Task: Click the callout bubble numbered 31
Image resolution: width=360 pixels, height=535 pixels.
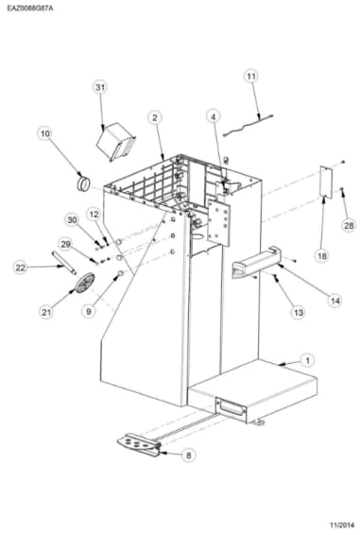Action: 100,87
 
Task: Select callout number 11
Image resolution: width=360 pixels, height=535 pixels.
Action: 251,76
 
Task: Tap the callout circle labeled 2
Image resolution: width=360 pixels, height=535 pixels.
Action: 155,118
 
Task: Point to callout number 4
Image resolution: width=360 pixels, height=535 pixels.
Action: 214,117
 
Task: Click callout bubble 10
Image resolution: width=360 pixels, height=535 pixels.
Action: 45,133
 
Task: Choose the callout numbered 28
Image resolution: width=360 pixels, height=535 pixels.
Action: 349,225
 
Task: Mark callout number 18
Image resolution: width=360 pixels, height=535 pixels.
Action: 322,255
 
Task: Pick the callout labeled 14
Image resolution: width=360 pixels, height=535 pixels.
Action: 335,301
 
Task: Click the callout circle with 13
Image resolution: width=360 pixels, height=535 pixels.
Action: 299,312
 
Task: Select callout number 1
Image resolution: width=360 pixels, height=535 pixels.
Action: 308,360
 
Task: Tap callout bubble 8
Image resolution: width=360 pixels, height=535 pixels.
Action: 188,455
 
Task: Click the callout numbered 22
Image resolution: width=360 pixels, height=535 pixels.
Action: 21,267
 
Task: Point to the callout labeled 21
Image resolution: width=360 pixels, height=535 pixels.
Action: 46,312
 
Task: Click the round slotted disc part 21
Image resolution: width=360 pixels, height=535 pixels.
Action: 85,283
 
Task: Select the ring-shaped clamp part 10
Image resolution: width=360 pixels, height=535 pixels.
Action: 83,184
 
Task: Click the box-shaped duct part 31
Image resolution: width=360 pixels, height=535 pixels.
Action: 116,142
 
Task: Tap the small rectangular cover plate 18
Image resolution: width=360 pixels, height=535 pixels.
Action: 326,181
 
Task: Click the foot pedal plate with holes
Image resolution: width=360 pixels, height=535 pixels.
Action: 139,444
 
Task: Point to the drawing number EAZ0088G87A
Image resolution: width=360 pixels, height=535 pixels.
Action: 30,8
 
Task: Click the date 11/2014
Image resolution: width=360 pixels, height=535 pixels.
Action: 342,525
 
